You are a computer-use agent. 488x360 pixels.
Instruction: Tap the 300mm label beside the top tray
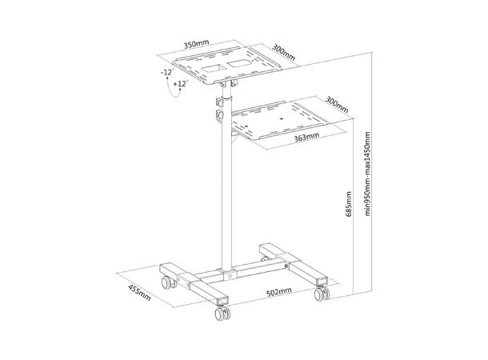pyautogui.click(x=283, y=52)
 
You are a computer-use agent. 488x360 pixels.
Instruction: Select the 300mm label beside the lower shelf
pyautogui.click(x=338, y=106)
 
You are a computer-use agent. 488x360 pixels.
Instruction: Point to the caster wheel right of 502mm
pyautogui.click(x=322, y=294)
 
